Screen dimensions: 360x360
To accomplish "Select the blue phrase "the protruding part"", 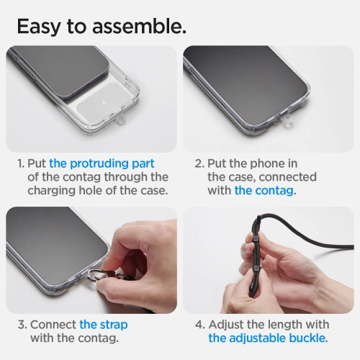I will click(x=102, y=163).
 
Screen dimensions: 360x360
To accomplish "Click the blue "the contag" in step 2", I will click(x=264, y=191).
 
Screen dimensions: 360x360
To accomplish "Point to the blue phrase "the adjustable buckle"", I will click(x=267, y=338).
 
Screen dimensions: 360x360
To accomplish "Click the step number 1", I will click(x=21, y=163).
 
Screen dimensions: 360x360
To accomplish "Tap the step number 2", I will click(x=199, y=163).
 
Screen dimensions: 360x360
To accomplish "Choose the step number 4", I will click(x=199, y=324).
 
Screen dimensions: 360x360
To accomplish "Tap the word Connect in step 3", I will click(x=53, y=324).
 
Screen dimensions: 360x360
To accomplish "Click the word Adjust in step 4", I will click(x=229, y=324).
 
